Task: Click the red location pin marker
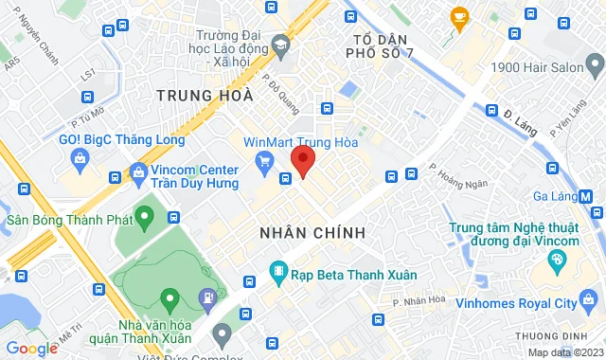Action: pos(303,161)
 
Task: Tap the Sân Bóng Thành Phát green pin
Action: pos(144,219)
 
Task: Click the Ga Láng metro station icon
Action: pos(586,196)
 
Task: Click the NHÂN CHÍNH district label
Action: pos(312,232)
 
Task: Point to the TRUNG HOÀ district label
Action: pos(205,95)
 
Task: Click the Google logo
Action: pos(31,348)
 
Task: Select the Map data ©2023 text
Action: pos(564,352)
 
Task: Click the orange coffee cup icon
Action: pos(460,16)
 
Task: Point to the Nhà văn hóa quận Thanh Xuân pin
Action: pos(169,300)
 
